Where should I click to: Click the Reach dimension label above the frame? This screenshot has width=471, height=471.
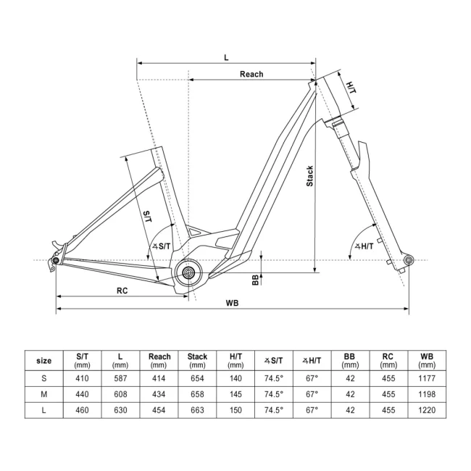pyautogui.click(x=251, y=74)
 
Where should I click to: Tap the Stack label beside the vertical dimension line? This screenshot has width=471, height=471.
pyautogui.click(x=309, y=178)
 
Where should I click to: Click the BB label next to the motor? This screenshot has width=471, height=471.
pyautogui.click(x=255, y=280)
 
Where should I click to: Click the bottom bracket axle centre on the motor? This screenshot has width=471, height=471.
pyautogui.click(x=189, y=272)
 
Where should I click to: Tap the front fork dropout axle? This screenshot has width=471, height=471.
pyautogui.click(x=408, y=259)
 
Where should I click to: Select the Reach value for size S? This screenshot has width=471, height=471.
pyautogui.click(x=159, y=378)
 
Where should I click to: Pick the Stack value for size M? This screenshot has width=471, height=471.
pyautogui.click(x=197, y=395)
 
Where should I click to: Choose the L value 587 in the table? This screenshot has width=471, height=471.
pyautogui.click(x=121, y=378)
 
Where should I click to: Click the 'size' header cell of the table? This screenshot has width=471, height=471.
pyautogui.click(x=43, y=360)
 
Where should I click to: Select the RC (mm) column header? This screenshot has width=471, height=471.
pyautogui.click(x=388, y=360)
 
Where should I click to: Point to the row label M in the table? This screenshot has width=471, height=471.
pyautogui.click(x=43, y=395)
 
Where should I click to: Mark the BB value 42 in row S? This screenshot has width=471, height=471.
pyautogui.click(x=350, y=378)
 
